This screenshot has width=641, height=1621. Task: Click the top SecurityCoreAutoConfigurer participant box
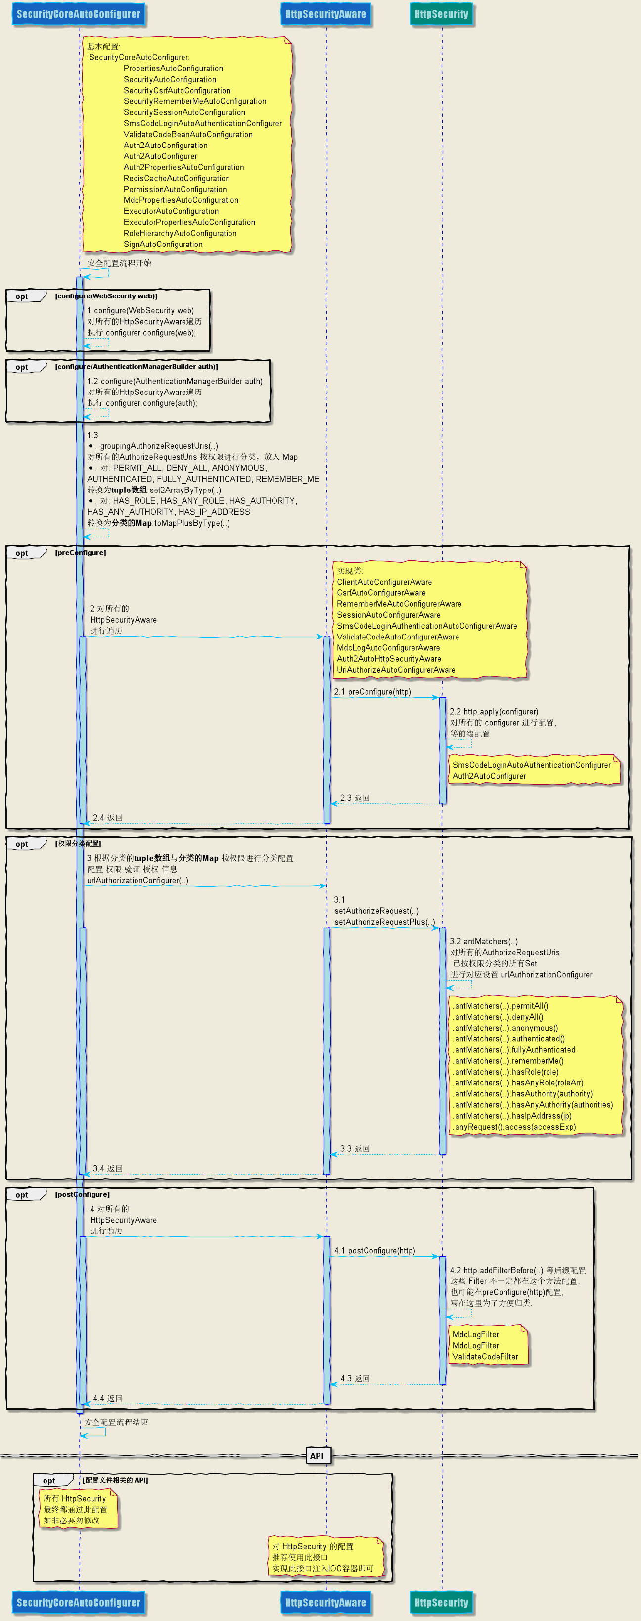click(79, 14)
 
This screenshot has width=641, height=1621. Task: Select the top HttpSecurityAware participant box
click(325, 14)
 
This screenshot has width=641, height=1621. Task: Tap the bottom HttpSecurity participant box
click(441, 1602)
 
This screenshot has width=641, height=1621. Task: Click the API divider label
click(317, 1456)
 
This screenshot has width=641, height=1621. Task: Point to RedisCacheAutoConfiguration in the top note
click(177, 178)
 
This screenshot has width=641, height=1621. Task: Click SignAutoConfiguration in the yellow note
click(163, 244)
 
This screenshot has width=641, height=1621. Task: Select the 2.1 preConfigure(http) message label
click(372, 691)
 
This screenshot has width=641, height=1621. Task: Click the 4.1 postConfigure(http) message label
click(375, 1250)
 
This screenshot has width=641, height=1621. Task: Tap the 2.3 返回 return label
click(356, 798)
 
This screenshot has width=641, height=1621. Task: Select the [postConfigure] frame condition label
click(83, 1194)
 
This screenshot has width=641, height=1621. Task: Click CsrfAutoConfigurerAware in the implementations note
click(381, 593)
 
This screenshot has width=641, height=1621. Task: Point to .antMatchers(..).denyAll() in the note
click(498, 1017)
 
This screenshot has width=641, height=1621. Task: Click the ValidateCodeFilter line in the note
click(485, 1357)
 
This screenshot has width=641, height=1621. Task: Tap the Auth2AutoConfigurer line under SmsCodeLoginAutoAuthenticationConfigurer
click(489, 776)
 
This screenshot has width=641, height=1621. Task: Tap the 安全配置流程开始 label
click(120, 263)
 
